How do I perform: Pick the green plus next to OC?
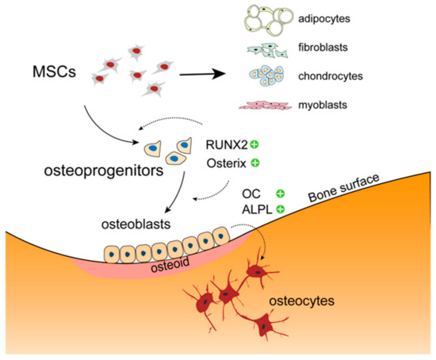click(279, 193)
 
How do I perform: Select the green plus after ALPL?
click(279, 210)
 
